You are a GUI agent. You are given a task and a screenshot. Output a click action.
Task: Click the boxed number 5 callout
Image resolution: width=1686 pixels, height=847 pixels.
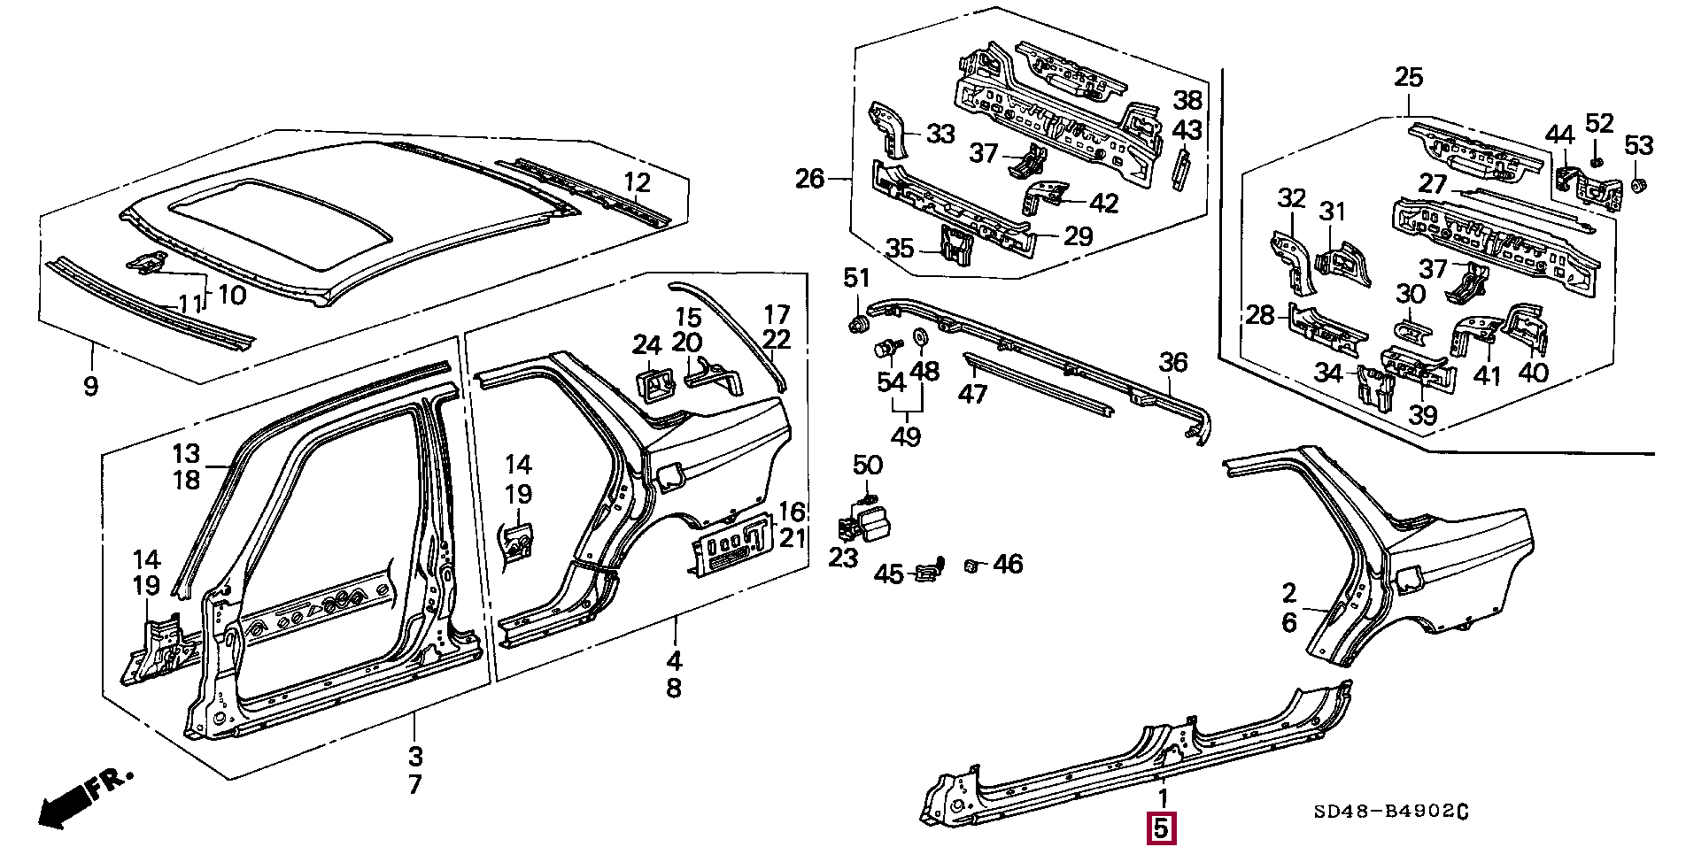tap(1162, 829)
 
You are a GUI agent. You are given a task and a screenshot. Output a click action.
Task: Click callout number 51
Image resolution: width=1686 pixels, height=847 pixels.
tap(856, 279)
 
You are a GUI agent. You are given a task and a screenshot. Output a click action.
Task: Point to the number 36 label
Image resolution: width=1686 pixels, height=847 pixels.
tap(1173, 362)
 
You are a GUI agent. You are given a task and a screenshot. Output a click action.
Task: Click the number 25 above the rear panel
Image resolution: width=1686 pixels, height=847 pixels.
tap(1408, 78)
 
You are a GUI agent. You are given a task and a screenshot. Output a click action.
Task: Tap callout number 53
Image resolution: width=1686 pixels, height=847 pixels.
tap(1639, 145)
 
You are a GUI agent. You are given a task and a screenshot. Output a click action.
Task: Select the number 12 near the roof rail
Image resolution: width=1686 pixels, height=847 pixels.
tap(637, 183)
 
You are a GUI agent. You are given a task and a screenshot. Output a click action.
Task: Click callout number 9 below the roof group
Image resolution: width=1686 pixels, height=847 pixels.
tap(90, 386)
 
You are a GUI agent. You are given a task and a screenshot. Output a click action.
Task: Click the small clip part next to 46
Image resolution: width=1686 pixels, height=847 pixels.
tap(971, 565)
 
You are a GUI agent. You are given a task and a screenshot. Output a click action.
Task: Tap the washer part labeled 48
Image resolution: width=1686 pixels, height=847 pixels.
tap(918, 336)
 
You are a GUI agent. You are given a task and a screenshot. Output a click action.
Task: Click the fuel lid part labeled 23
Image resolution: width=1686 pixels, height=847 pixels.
tap(863, 520)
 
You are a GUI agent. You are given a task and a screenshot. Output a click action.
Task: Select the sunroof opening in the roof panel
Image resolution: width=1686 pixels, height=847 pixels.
tap(279, 224)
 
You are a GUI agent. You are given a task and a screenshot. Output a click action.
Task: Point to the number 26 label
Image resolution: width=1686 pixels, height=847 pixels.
tap(809, 180)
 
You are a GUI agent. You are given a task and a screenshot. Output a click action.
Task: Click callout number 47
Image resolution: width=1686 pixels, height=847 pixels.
tap(972, 393)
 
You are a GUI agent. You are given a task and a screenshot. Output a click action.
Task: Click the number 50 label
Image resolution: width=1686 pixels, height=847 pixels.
tap(868, 465)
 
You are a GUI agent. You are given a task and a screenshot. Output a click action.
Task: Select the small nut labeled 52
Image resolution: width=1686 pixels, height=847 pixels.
tap(1596, 161)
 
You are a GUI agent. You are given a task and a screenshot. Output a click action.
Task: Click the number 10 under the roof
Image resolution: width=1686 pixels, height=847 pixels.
tap(231, 295)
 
